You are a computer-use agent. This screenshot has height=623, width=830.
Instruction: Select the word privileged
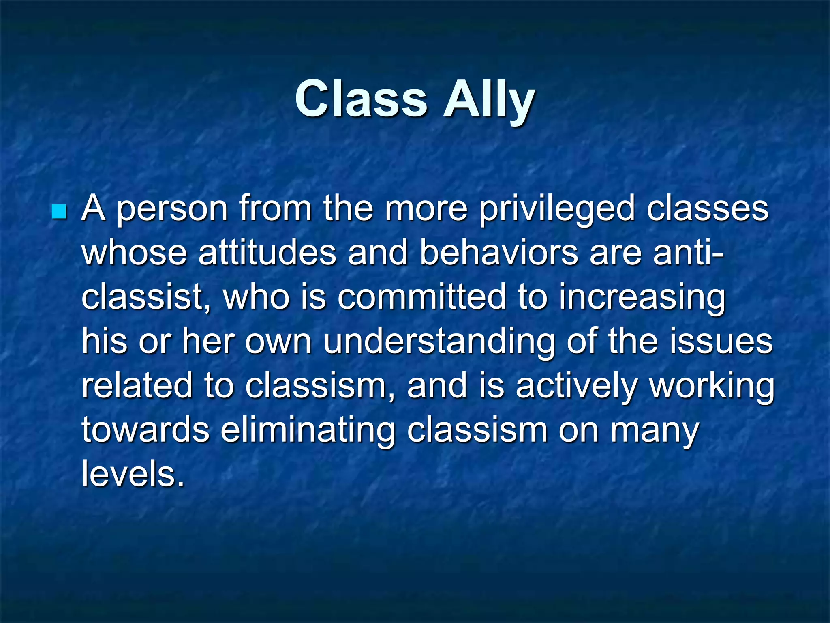pyautogui.click(x=557, y=210)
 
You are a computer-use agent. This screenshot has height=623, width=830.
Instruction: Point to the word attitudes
pyautogui.click(x=267, y=253)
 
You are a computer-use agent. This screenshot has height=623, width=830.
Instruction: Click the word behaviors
pyautogui.click(x=498, y=253)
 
